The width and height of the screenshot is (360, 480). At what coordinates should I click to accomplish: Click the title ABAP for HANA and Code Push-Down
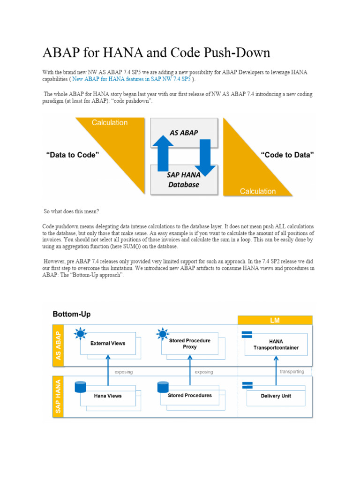156,52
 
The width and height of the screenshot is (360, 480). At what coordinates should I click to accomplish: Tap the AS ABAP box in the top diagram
183,133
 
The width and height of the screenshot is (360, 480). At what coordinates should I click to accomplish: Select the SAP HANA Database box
183,180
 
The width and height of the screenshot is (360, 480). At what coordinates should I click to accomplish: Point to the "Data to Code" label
73,155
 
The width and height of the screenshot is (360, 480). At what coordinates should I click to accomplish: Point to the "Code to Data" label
287,155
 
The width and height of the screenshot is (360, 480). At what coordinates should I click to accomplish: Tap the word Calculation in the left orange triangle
109,123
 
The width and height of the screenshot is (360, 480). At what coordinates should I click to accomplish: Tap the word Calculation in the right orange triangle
258,191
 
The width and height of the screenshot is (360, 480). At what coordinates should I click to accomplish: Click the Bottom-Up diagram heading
72,314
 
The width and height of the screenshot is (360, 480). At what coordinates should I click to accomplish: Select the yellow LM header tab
275,320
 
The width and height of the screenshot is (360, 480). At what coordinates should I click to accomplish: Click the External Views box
108,344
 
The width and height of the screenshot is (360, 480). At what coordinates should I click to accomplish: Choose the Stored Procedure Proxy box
189,344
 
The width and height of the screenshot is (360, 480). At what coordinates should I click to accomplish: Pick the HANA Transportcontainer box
276,345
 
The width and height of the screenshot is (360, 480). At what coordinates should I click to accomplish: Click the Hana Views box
108,396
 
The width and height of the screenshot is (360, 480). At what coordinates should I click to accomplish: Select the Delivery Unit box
276,396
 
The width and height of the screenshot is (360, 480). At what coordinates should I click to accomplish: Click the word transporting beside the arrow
292,372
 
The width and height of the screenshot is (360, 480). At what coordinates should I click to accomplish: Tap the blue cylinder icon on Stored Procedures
163,387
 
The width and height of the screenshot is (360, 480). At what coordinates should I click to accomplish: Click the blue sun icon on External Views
80,334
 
